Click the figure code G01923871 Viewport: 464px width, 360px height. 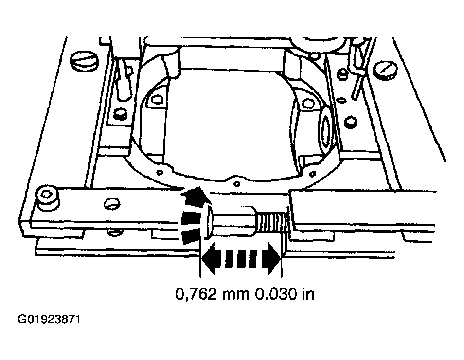(x=49, y=320)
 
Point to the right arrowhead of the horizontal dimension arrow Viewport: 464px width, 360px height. (x=273, y=258)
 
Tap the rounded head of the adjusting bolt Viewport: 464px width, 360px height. (x=208, y=222)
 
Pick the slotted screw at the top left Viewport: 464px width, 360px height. (x=84, y=62)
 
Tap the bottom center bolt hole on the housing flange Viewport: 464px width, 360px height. (x=237, y=184)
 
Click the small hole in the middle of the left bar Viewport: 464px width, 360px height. (x=111, y=204)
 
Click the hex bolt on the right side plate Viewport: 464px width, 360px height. (x=351, y=122)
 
